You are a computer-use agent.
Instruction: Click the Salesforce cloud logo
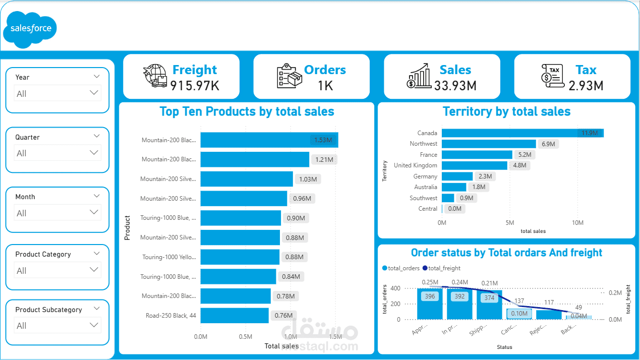pos(30,29)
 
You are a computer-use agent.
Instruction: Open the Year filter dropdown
pos(57,93)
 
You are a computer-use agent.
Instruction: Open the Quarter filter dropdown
pos(57,153)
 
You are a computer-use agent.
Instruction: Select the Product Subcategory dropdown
pos(57,325)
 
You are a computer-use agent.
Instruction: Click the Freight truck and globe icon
pos(155,76)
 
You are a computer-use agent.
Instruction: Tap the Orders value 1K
pos(325,86)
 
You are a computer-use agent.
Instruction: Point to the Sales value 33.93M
pos(455,86)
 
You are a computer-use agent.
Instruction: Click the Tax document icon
pos(552,76)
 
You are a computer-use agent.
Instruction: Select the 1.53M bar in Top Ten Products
pos(269,140)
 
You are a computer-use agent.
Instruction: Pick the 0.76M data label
pos(283,316)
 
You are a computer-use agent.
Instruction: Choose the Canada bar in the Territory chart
pos(522,133)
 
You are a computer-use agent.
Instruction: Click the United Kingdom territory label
pos(416,165)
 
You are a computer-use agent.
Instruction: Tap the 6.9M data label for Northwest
pos(548,144)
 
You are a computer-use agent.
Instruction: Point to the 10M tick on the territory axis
pos(577,223)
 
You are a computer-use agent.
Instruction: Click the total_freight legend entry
pos(441,268)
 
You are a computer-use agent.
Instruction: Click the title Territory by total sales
pos(506,111)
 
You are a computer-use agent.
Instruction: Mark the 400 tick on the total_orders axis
pos(395,288)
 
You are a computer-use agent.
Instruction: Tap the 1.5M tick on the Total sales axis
pos(335,336)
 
